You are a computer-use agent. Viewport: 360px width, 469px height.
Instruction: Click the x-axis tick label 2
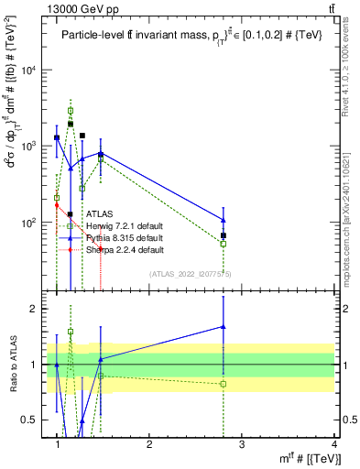tap(149, 444)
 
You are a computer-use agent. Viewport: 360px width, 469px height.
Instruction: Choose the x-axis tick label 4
tap(334, 444)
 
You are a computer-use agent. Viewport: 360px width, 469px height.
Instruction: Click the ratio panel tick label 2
tap(38, 309)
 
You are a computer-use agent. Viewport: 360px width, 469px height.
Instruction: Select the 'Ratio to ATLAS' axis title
tap(13, 364)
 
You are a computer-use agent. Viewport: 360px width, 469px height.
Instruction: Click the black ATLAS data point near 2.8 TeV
tap(224, 235)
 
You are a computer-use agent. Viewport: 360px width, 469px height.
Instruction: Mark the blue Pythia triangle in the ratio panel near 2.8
tap(224, 326)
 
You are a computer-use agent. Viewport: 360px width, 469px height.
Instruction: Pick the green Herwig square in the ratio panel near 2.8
tap(224, 383)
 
